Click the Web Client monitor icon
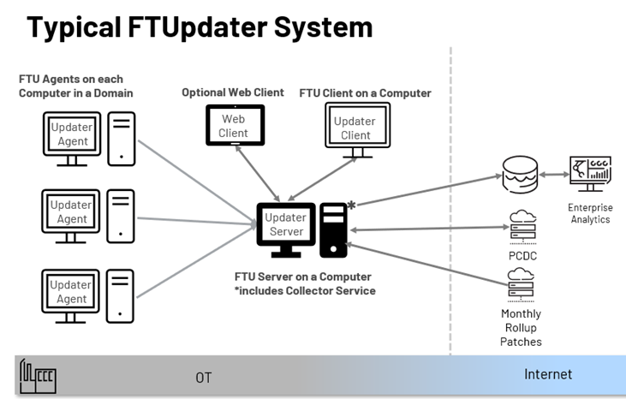233,125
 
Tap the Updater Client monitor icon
355,128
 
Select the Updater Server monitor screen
285,224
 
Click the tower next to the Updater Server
334,229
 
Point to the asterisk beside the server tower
351,206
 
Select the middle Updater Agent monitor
71,211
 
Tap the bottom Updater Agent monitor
71,291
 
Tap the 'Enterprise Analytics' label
590,213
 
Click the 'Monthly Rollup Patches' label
521,327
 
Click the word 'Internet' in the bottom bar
548,374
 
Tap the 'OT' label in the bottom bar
203,377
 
